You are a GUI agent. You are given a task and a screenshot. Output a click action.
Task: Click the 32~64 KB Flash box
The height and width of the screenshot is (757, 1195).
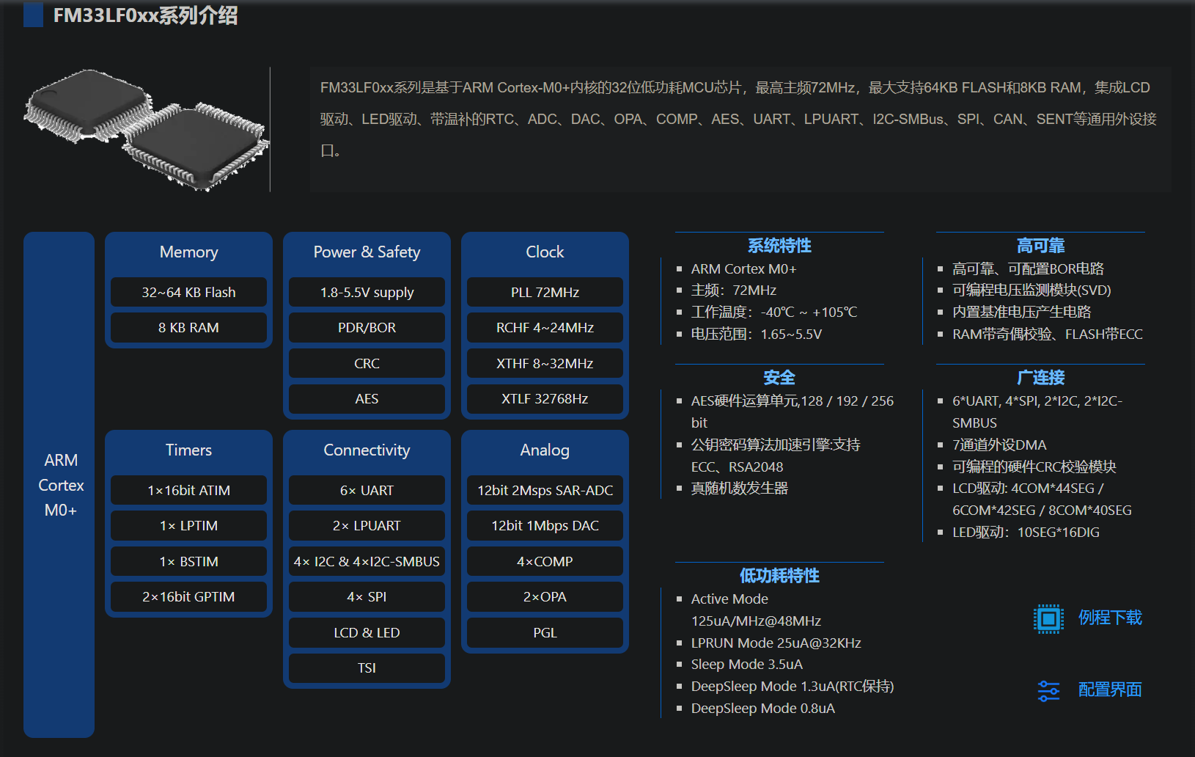[188, 292]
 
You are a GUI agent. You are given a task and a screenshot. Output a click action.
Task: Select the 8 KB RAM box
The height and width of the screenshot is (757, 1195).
[188, 327]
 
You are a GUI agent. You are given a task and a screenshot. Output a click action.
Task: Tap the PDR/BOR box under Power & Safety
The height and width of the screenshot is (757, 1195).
[367, 327]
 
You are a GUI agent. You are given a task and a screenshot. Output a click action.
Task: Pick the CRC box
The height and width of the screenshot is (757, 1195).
[367, 363]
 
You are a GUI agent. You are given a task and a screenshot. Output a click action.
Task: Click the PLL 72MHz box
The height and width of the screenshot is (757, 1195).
[545, 292]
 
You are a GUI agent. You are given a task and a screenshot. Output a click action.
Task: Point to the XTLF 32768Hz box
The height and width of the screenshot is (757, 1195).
[545, 398]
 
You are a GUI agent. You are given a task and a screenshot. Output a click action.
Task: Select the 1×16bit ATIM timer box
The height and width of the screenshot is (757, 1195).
[188, 490]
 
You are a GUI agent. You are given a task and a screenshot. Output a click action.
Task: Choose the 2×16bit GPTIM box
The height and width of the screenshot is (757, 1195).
[188, 596]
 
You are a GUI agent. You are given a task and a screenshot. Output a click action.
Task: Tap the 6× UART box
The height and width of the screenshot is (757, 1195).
[367, 490]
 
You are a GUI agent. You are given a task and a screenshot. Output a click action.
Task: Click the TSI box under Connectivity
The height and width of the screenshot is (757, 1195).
[367, 668]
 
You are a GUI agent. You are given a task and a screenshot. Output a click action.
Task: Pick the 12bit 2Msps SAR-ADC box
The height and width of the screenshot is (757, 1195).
[545, 490]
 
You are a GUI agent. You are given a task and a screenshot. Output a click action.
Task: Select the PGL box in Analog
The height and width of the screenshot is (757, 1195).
[545, 632]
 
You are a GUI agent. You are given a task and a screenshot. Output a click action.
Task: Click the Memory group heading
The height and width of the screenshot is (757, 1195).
[188, 252]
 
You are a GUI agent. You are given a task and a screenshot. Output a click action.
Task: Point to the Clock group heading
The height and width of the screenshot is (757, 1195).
[545, 252]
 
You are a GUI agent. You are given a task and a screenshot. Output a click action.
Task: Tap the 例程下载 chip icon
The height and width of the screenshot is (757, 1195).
[1048, 618]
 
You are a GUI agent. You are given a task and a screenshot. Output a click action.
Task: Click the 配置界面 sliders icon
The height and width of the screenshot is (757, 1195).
[1048, 690]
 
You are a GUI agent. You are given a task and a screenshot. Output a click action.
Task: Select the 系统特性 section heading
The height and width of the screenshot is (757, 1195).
[779, 246]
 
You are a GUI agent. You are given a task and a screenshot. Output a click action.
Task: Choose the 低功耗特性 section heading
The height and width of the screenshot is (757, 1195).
[779, 576]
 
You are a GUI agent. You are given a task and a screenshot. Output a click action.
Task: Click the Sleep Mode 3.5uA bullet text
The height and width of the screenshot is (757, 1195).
[746, 664]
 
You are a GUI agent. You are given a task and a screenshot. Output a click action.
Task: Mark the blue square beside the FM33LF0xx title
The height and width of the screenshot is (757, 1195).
[33, 14]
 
